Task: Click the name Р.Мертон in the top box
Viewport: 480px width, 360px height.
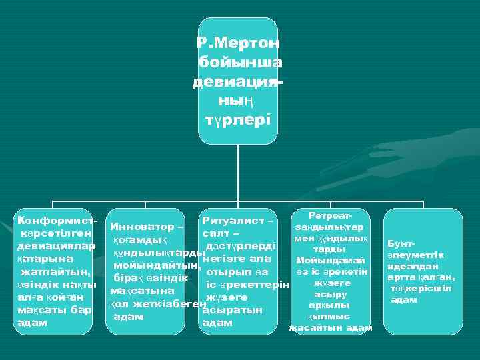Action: (x=238, y=43)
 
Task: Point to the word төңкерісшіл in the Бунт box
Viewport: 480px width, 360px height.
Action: (x=421, y=288)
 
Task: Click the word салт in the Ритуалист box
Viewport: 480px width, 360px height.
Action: (x=214, y=234)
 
